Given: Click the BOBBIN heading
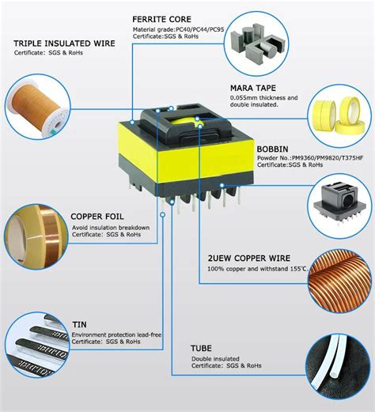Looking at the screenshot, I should click(272, 148).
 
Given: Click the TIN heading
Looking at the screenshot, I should click(79, 323).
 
